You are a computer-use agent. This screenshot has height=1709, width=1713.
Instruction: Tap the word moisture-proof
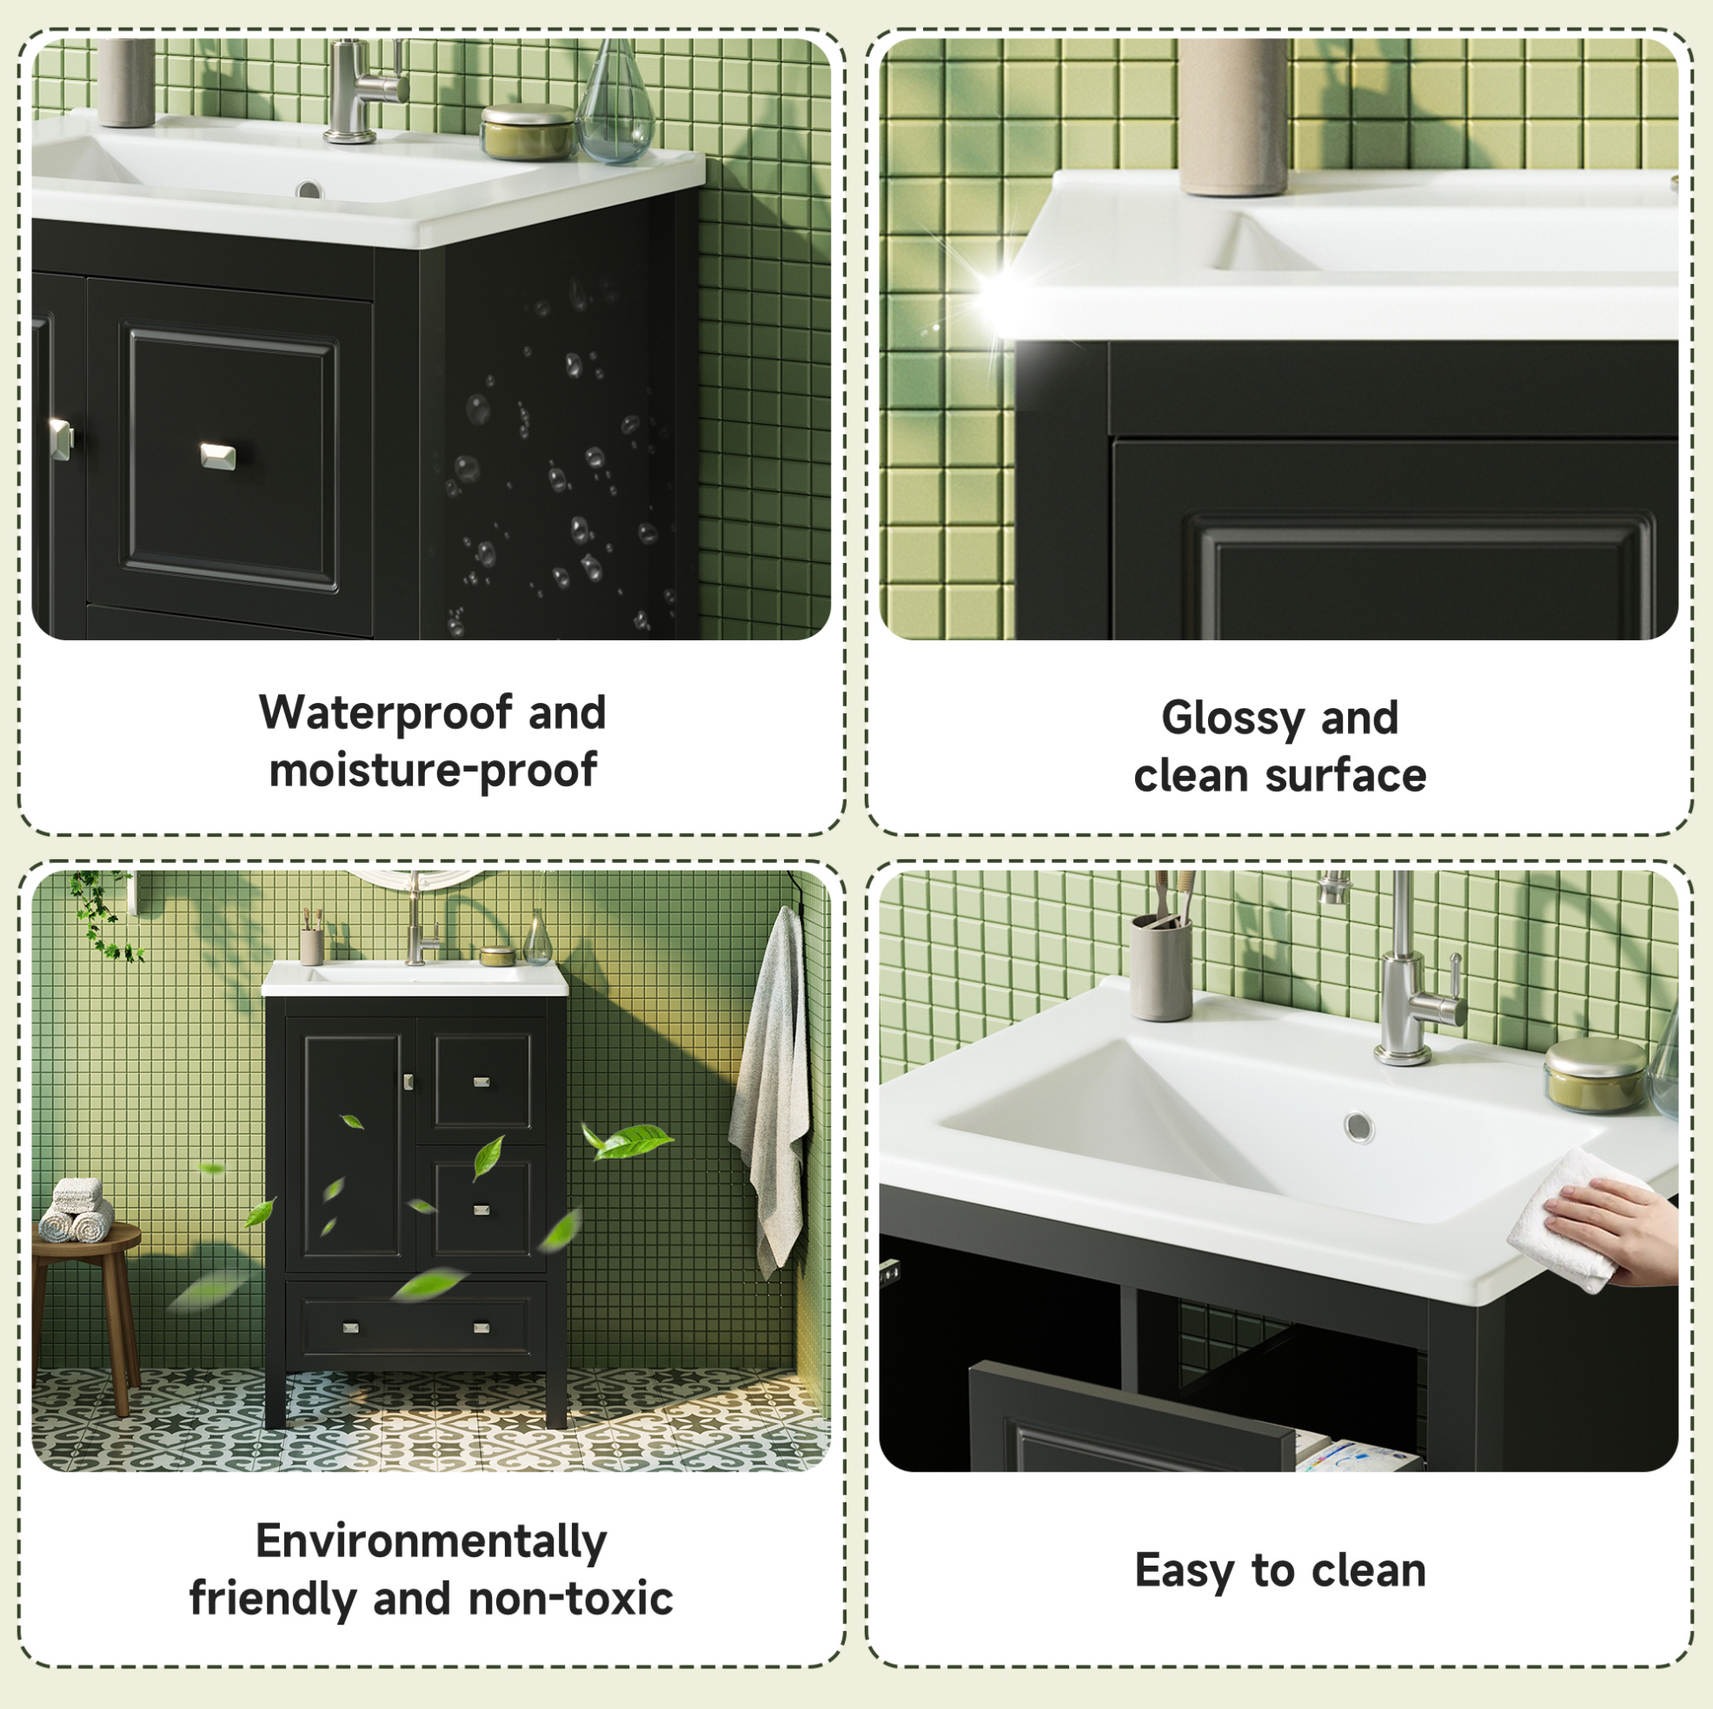[433, 770]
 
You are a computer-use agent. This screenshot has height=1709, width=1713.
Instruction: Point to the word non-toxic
[570, 1598]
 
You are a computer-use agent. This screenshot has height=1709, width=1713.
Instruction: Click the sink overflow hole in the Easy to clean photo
[1358, 1127]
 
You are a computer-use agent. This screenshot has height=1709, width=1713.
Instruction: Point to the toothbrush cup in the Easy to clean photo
[1160, 966]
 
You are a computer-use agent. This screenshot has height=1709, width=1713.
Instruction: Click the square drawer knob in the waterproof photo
[218, 455]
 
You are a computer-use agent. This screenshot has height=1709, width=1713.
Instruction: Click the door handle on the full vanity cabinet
[408, 1082]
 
